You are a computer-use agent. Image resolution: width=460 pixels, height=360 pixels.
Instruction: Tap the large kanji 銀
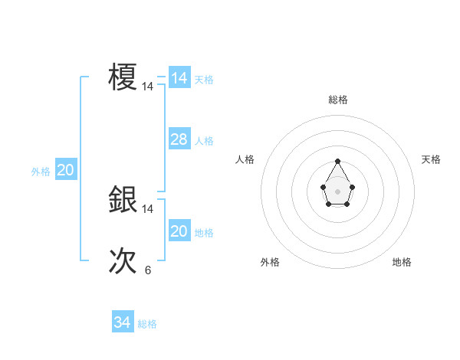pyautogui.click(x=123, y=199)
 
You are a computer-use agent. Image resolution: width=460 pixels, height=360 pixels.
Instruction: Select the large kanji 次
pyautogui.click(x=123, y=261)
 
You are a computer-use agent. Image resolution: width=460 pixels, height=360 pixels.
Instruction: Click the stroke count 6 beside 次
pyautogui.click(x=148, y=270)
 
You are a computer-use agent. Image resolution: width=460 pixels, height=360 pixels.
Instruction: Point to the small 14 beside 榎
pyautogui.click(x=148, y=87)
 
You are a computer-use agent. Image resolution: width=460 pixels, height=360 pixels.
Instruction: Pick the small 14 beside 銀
pyautogui.click(x=148, y=208)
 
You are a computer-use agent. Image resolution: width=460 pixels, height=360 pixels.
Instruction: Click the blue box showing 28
pyautogui.click(x=179, y=139)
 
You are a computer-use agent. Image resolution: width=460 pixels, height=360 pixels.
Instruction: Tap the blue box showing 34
pyautogui.click(x=123, y=322)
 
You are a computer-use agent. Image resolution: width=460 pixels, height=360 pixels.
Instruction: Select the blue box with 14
pyautogui.click(x=179, y=78)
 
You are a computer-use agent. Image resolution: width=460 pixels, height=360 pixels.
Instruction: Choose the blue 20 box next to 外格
pyautogui.click(x=65, y=170)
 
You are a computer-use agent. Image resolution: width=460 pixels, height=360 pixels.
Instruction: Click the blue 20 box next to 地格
pyautogui.click(x=179, y=231)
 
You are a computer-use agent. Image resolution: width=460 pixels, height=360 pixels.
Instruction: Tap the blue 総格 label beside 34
pyautogui.click(x=147, y=324)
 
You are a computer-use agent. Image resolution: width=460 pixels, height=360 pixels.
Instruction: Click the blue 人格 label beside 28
pyautogui.click(x=204, y=141)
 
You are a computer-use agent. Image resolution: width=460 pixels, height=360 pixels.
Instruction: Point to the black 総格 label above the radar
pyautogui.click(x=338, y=100)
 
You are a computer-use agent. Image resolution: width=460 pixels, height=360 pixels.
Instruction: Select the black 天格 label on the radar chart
pyautogui.click(x=432, y=159)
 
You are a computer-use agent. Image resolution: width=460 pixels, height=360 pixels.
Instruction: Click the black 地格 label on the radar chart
pyautogui.click(x=402, y=262)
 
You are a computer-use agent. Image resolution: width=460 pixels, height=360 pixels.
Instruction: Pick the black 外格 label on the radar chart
pyautogui.click(x=270, y=262)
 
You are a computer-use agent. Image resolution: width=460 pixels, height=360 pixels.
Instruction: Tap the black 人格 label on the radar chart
pyautogui.click(x=245, y=159)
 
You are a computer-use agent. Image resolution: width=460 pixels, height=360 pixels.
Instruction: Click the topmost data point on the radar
pyautogui.click(x=337, y=162)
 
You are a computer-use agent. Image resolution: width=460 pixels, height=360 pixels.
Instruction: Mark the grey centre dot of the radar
pyautogui.click(x=337, y=191)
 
